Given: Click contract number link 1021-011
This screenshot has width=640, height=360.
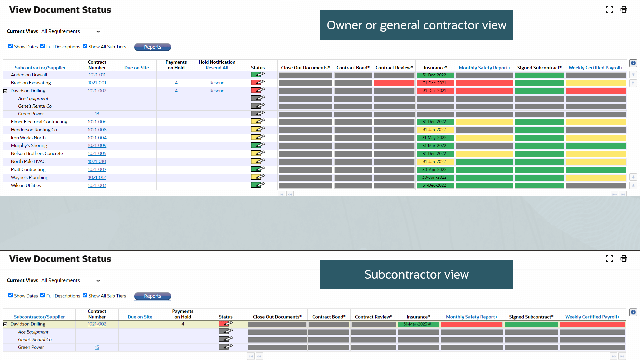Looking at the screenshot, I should [x=97, y=75].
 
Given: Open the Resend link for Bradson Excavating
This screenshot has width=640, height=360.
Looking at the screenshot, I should [x=217, y=83].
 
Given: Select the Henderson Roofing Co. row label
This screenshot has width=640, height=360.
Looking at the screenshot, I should [x=34, y=130].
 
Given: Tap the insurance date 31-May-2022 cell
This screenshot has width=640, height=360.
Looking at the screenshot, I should [x=434, y=138].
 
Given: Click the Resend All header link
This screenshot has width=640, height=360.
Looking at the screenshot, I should [x=217, y=68].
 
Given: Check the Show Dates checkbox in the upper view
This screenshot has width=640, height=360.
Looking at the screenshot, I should [x=11, y=46].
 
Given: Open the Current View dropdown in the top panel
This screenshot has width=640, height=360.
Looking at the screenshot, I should [x=71, y=32].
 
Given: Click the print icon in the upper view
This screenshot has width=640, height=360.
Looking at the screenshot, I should [x=624, y=10].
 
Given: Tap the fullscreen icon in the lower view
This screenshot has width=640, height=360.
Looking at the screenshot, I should [x=609, y=258].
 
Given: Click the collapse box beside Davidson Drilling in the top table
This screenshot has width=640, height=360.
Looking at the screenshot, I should [x=5, y=91].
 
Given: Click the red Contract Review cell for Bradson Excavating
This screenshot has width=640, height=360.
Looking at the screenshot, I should [x=394, y=83].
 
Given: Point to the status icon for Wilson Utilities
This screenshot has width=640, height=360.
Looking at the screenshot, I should [x=258, y=185].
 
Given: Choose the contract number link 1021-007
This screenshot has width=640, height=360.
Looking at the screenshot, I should [x=97, y=170].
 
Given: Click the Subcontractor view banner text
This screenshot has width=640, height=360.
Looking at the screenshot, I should [x=416, y=274].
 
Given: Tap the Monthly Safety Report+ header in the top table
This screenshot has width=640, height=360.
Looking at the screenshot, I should [x=484, y=68].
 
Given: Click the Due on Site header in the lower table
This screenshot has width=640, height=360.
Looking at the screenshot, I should [x=140, y=317].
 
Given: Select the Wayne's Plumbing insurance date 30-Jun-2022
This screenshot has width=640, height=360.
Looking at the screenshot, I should [x=434, y=177].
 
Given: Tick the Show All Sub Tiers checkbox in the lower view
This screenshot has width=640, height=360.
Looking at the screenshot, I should [x=85, y=295].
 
